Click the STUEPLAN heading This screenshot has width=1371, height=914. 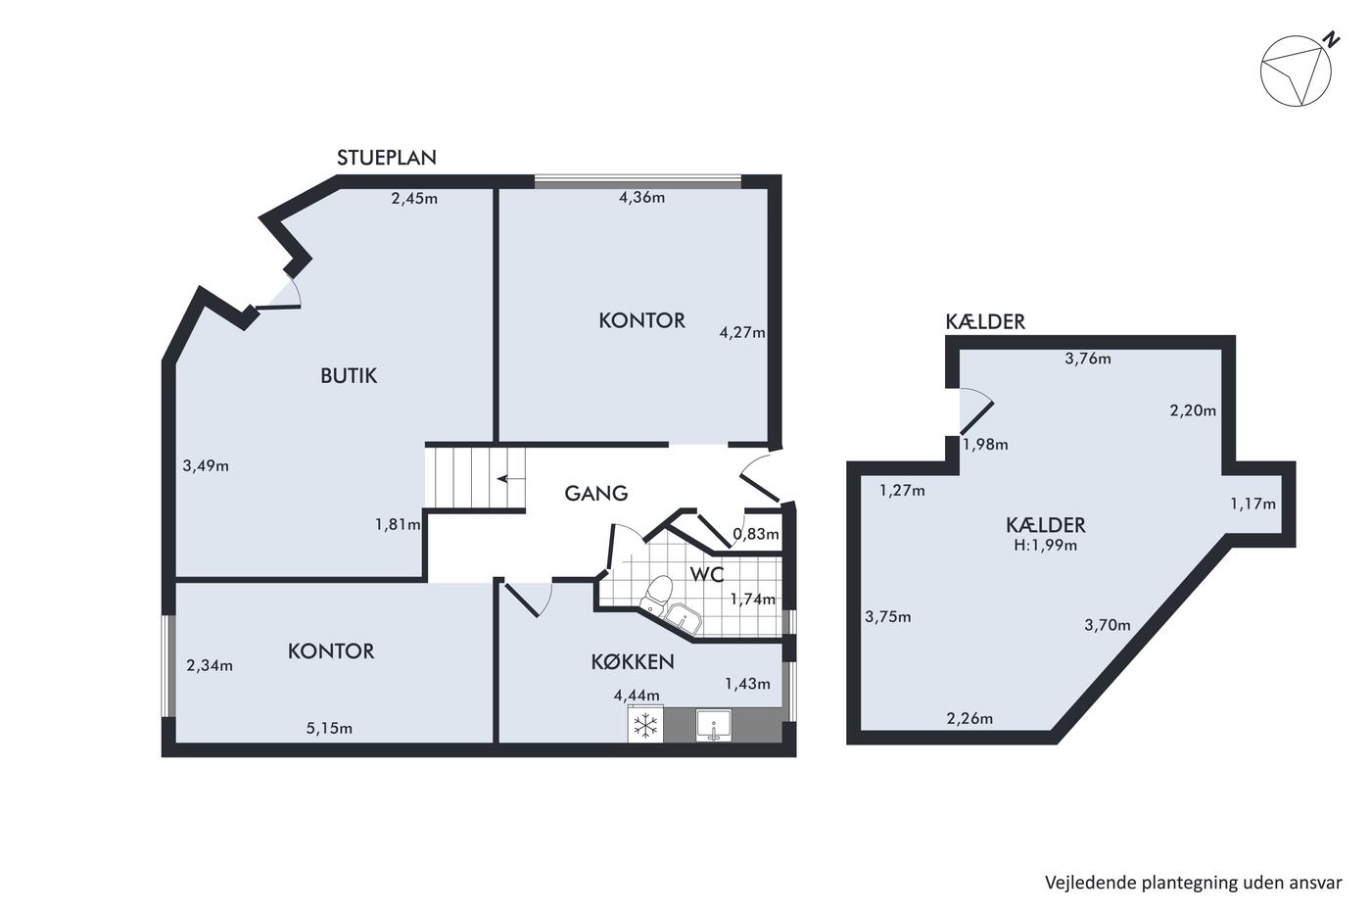(x=386, y=158)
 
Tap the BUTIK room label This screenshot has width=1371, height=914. (x=349, y=376)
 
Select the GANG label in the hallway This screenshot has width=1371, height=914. (x=596, y=494)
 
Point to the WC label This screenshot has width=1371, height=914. (x=707, y=574)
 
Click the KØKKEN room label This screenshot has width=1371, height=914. (x=633, y=662)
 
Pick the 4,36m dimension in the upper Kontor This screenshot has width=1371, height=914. (x=642, y=198)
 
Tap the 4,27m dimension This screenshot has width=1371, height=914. (x=742, y=333)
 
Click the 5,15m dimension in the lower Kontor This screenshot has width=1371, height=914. (x=329, y=729)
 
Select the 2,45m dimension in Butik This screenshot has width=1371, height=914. (x=414, y=198)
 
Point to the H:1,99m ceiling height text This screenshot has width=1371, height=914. (x=1046, y=545)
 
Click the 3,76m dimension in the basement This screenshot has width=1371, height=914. (x=1088, y=359)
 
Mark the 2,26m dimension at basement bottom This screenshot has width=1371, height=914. (x=969, y=719)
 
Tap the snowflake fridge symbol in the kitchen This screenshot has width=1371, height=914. (x=645, y=726)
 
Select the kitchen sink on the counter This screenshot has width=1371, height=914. (x=714, y=726)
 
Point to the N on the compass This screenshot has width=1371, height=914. (x=1331, y=40)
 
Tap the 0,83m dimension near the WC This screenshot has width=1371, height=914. (x=756, y=535)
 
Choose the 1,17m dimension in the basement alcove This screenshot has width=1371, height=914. (x=1253, y=505)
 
